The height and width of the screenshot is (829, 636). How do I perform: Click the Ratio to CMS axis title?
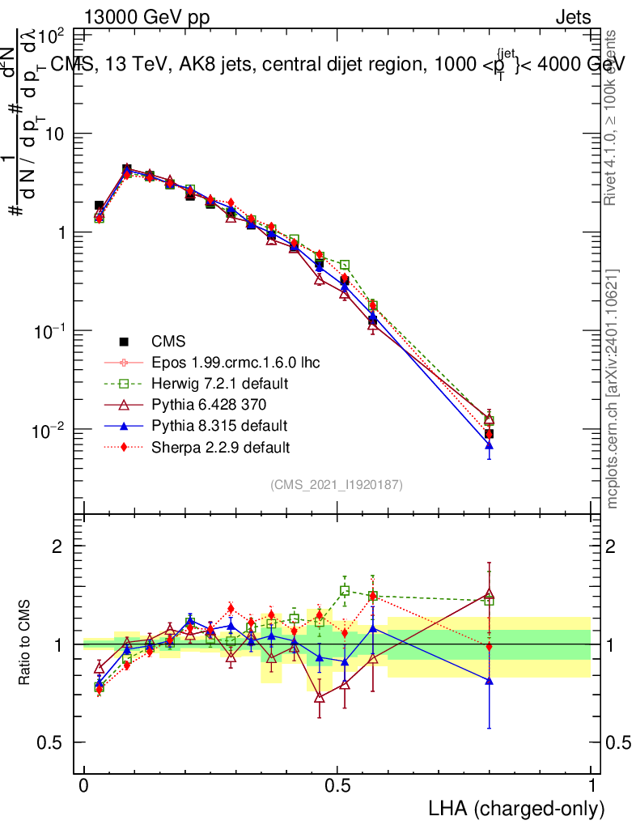coord(25,644)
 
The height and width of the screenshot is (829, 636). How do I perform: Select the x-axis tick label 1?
coord(591,785)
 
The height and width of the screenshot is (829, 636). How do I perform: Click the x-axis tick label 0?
coord(84,785)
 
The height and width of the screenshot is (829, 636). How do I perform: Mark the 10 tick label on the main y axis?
coord(55,134)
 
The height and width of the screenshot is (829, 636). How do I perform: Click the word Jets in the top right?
coord(572,17)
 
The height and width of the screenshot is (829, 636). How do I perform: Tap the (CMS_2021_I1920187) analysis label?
coord(337,484)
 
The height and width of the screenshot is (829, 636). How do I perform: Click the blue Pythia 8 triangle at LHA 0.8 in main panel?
coord(489,445)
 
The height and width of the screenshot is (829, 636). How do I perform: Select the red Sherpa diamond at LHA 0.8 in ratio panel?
coord(489,646)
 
